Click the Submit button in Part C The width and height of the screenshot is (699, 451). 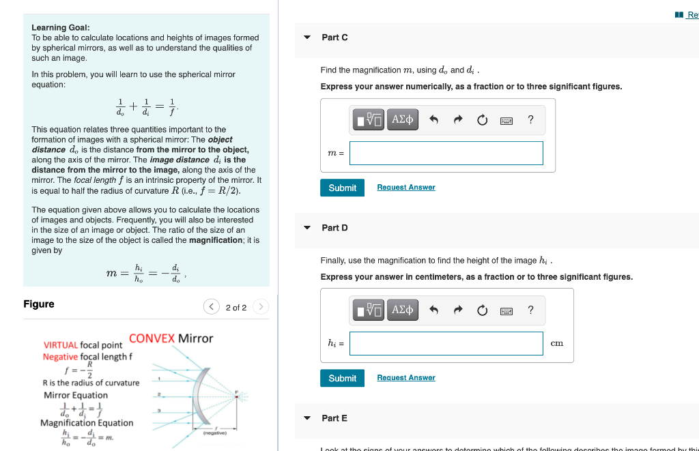click(x=342, y=188)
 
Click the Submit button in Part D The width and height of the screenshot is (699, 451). click(x=342, y=378)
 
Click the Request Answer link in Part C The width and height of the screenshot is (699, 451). click(x=405, y=188)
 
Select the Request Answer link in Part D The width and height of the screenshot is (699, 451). click(x=405, y=378)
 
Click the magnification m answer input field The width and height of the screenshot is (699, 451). click(x=446, y=153)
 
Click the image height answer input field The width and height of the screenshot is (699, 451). click(x=446, y=343)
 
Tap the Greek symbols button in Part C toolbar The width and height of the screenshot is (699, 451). click(x=402, y=120)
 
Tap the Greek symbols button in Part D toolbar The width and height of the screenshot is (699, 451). click(x=402, y=310)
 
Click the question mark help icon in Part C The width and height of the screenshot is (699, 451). click(x=530, y=120)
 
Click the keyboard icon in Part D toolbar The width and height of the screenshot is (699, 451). click(x=507, y=311)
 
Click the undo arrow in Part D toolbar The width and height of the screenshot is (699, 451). click(x=433, y=310)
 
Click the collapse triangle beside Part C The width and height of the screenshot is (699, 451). click(x=307, y=38)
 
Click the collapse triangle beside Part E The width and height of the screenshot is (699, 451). click(x=307, y=418)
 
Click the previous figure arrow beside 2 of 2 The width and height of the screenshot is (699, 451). click(x=212, y=307)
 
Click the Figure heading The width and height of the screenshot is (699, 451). click(x=39, y=304)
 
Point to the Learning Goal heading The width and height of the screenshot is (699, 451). click(x=60, y=27)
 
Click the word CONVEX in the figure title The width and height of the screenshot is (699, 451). click(x=152, y=338)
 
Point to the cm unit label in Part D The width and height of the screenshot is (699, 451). click(x=556, y=343)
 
